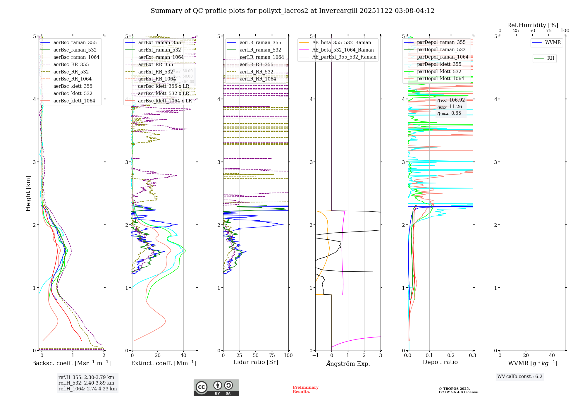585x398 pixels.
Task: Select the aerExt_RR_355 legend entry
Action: (x=155, y=64)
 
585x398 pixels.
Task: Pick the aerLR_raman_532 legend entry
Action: (x=260, y=50)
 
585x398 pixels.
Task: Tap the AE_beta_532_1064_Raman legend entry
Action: (x=343, y=50)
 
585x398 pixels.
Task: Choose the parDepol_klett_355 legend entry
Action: (x=439, y=64)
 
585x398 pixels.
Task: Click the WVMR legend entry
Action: (x=553, y=42)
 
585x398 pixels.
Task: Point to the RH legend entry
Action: (x=550, y=58)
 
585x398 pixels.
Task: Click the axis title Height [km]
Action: (x=28, y=193)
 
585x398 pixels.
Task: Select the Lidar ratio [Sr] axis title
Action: (x=255, y=362)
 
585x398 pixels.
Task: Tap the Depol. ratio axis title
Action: (x=440, y=362)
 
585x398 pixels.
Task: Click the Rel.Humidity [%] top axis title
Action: (x=532, y=25)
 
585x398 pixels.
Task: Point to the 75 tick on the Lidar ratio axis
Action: (x=272, y=355)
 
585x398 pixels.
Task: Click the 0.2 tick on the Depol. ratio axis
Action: (x=451, y=355)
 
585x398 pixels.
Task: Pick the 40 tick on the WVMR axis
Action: (x=552, y=355)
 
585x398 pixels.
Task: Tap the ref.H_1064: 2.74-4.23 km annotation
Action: (x=87, y=389)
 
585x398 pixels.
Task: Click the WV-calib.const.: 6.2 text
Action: (x=520, y=376)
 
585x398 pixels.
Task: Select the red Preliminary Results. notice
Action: (x=305, y=390)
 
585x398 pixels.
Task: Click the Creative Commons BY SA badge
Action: (x=216, y=387)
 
